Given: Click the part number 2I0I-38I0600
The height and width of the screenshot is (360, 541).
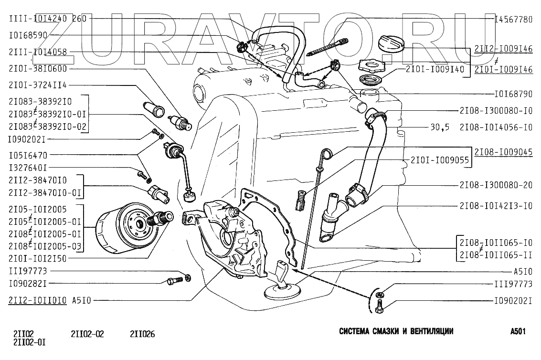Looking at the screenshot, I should pyautogui.click(x=38, y=68).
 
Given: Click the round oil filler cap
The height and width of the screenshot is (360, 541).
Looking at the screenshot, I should pyautogui.click(x=392, y=44).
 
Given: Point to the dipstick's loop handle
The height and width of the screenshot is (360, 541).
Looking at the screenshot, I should pyautogui.click(x=326, y=154).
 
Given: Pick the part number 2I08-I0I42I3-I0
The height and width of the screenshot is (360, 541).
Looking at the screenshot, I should pyautogui.click(x=496, y=206).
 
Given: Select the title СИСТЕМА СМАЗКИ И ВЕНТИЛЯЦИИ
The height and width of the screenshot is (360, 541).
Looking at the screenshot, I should pyautogui.click(x=396, y=331).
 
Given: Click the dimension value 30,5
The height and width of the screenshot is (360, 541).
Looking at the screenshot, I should pyautogui.click(x=440, y=127).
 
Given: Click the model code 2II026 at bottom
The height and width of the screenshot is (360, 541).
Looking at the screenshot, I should pyautogui.click(x=142, y=334).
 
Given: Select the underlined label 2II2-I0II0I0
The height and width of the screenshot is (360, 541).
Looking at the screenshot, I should pyautogui.click(x=38, y=300).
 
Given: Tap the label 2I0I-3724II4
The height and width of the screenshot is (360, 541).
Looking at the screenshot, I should pyautogui.click(x=38, y=85).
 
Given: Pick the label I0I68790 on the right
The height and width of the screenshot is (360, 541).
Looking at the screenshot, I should pyautogui.click(x=513, y=94).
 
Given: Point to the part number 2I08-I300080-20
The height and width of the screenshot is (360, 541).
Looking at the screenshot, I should pyautogui.click(x=496, y=185).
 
